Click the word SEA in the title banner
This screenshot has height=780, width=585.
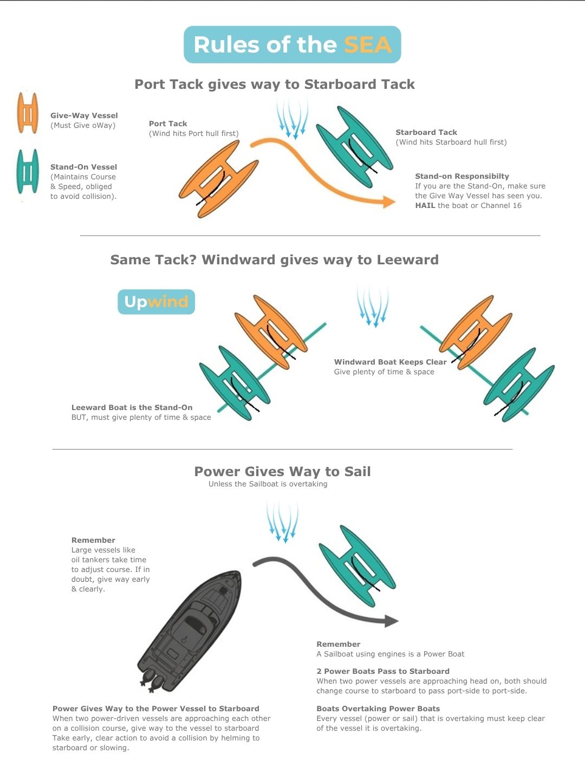368,45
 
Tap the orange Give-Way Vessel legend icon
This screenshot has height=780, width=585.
28,113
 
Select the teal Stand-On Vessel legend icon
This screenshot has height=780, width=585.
28,171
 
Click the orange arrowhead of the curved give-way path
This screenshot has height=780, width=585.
389,202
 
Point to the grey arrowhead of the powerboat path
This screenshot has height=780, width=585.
392,621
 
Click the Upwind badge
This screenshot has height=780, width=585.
157,302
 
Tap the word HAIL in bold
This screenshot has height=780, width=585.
425,205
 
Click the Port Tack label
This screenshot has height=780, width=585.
168,123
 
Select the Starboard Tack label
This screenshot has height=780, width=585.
426,132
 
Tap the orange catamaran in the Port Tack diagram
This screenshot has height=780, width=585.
218,179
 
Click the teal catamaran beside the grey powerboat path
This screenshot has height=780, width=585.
357,565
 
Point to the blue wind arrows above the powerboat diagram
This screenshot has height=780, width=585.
283,522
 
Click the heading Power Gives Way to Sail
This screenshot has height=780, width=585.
282,472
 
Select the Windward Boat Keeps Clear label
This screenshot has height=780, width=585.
391,362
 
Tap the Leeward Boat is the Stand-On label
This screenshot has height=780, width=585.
132,407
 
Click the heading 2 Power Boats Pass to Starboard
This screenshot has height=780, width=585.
383,671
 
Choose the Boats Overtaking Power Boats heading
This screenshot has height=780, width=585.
378,708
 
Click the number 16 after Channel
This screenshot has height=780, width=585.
517,205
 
